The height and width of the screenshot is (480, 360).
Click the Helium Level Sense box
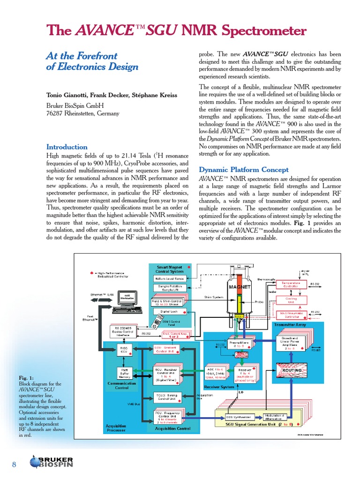point(170,278)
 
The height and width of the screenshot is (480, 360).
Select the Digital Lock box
point(169,311)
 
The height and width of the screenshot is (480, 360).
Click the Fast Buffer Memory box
point(124,373)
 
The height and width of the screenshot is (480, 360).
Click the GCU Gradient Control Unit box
point(168,349)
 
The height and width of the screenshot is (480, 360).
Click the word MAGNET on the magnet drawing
point(240,286)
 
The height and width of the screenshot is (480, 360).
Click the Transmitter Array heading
point(291,324)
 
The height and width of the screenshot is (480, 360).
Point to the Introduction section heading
point(67,147)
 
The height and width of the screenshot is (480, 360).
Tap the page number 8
point(14,465)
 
